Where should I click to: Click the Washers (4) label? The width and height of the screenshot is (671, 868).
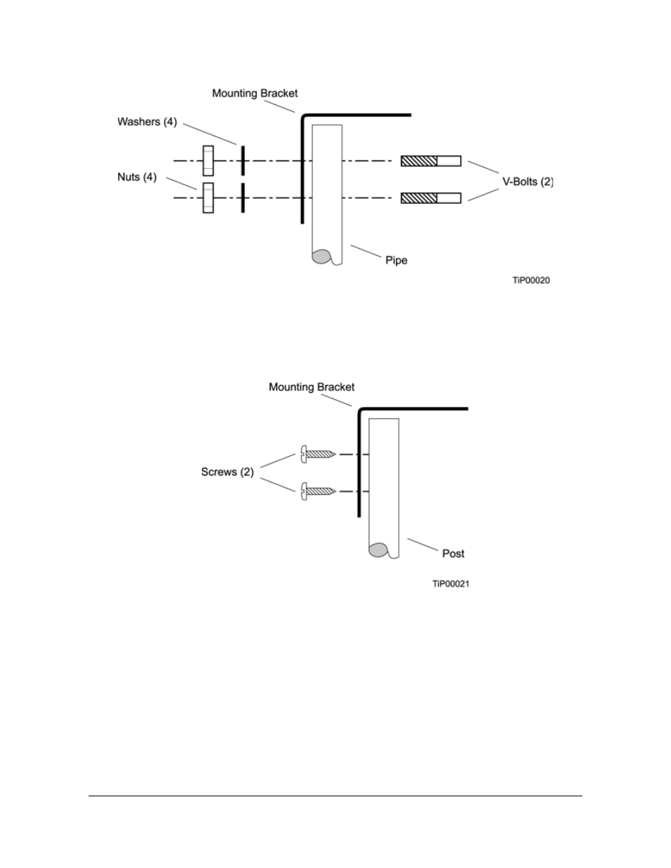147,122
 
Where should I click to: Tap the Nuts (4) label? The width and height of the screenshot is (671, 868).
136,177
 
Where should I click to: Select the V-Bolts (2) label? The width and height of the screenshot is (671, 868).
528,182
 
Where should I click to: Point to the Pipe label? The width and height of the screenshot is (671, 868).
397,260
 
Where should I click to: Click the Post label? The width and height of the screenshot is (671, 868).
453,554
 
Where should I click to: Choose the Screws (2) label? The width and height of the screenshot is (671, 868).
227,472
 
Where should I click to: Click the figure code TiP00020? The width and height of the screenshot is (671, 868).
531,280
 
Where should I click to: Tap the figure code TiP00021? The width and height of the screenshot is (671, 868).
451,584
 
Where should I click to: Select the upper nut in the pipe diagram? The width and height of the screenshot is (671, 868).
208,160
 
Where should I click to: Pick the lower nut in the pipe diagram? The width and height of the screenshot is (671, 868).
208,197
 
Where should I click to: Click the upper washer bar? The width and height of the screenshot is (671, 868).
243,160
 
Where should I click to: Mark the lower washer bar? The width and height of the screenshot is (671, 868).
243,197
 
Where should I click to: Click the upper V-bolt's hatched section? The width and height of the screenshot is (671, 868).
418,161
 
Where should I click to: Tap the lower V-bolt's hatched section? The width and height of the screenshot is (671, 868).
418,198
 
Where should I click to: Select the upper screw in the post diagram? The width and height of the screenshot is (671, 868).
318,454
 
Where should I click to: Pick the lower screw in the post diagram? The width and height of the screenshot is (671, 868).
318,491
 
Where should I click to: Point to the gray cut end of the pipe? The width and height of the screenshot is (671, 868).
321,257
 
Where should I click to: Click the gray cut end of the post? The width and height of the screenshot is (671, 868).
378,550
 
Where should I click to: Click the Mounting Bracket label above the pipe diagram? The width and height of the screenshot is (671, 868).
255,93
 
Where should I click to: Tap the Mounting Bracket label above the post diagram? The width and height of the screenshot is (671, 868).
312,387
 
